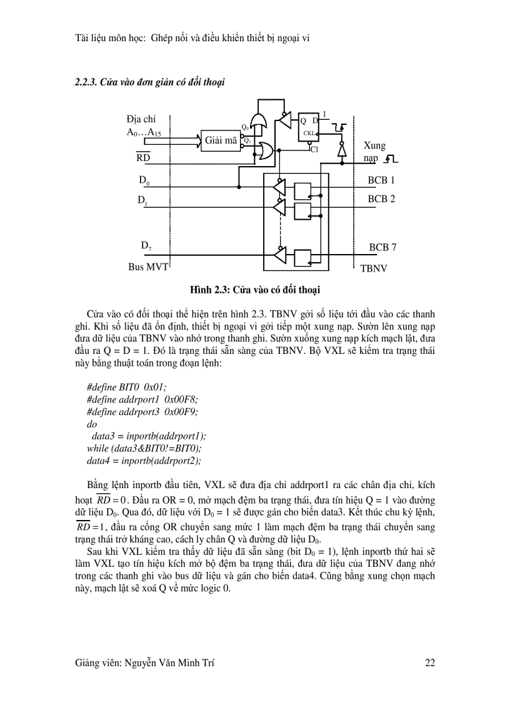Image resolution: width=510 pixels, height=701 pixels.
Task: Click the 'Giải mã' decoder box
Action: point(221,140)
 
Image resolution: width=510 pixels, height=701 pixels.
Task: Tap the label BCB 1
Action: point(381,180)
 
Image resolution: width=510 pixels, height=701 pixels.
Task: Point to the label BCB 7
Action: point(382,247)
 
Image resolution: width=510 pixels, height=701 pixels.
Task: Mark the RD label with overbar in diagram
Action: point(142,158)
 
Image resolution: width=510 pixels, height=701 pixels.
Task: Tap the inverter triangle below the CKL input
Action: point(341,150)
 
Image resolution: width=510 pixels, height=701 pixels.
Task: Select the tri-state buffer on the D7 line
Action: point(279,255)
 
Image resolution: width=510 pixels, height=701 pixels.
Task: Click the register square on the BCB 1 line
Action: point(303,189)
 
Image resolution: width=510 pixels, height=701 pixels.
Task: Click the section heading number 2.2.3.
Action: point(87,82)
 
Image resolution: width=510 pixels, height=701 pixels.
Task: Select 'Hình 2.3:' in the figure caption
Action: point(211,289)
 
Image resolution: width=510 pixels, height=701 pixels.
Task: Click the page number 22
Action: point(429,663)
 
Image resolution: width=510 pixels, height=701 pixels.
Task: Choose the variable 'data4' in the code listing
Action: point(100,461)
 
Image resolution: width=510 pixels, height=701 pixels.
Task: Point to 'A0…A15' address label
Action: point(144,132)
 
